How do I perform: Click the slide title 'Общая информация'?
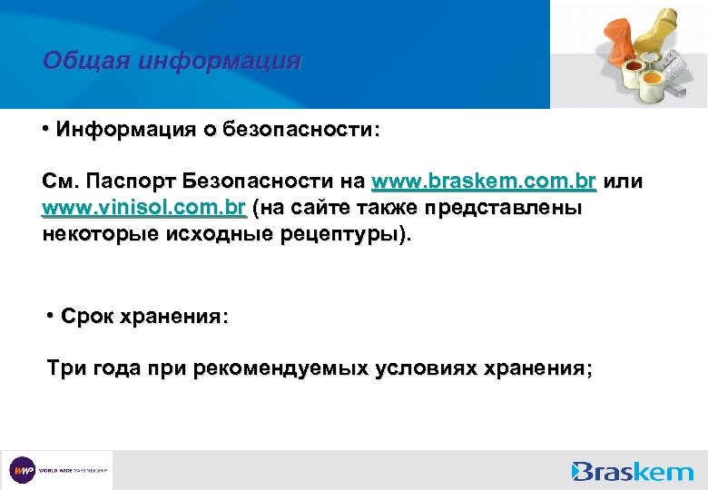pyautogui.click(x=172, y=62)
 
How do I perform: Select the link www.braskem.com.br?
pyautogui.click(x=484, y=181)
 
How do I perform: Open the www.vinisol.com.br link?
pyautogui.click(x=144, y=209)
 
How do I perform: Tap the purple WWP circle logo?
pyautogui.click(x=22, y=470)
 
